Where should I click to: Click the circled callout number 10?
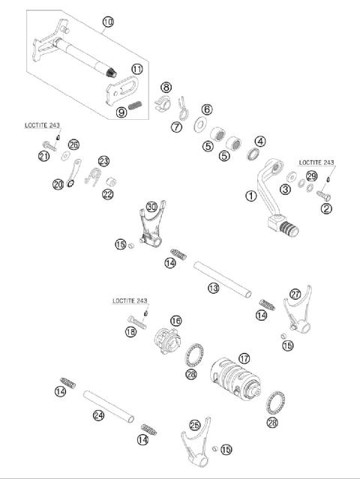[x=108, y=22]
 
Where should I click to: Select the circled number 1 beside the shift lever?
[x=250, y=196]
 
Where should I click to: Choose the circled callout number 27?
[x=295, y=295]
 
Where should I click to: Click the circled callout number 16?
[x=175, y=320]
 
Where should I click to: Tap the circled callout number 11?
[x=137, y=69]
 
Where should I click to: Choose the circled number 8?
[x=166, y=88]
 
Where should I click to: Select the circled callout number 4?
[x=259, y=141]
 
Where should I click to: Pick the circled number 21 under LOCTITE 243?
[x=44, y=155]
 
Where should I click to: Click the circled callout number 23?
[x=103, y=160]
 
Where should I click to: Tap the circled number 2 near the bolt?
[x=325, y=209]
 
